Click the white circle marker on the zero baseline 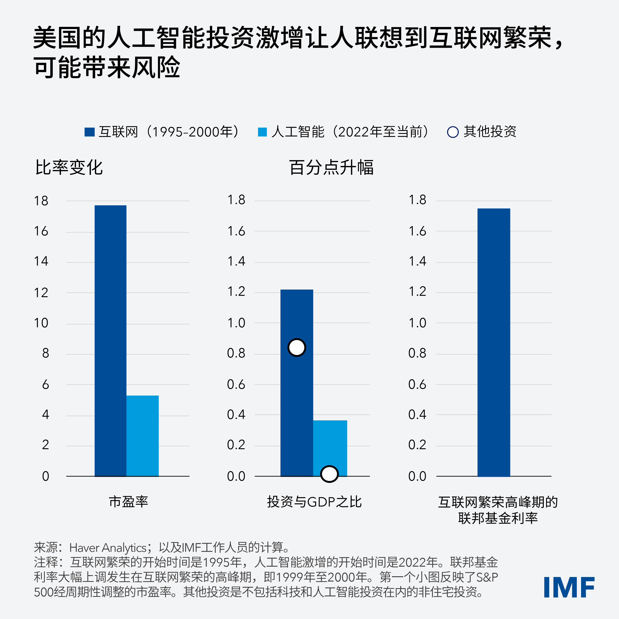(329, 474)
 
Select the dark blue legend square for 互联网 (89, 132)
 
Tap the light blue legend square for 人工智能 (262, 132)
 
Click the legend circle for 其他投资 (453, 132)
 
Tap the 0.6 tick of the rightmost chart (417, 384)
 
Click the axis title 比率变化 (69, 167)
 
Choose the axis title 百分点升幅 (331, 167)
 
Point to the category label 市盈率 (128, 502)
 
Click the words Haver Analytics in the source (108, 548)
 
